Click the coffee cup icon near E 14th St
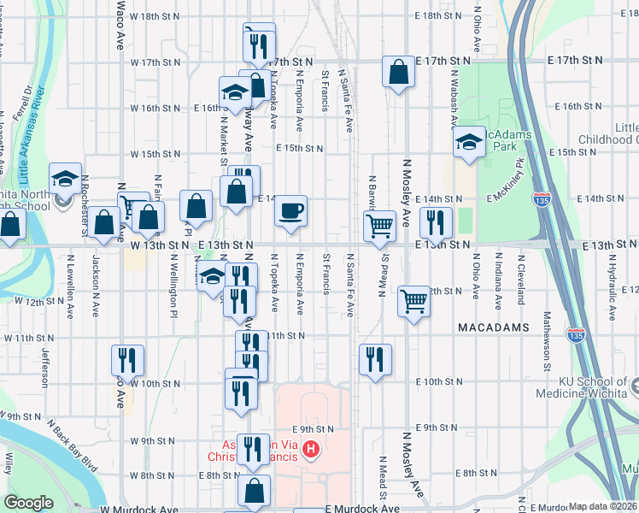tap(290, 209)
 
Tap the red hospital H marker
tap(312, 448)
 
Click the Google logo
tap(28, 502)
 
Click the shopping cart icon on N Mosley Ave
tap(413, 300)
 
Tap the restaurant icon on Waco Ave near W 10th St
tap(126, 359)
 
